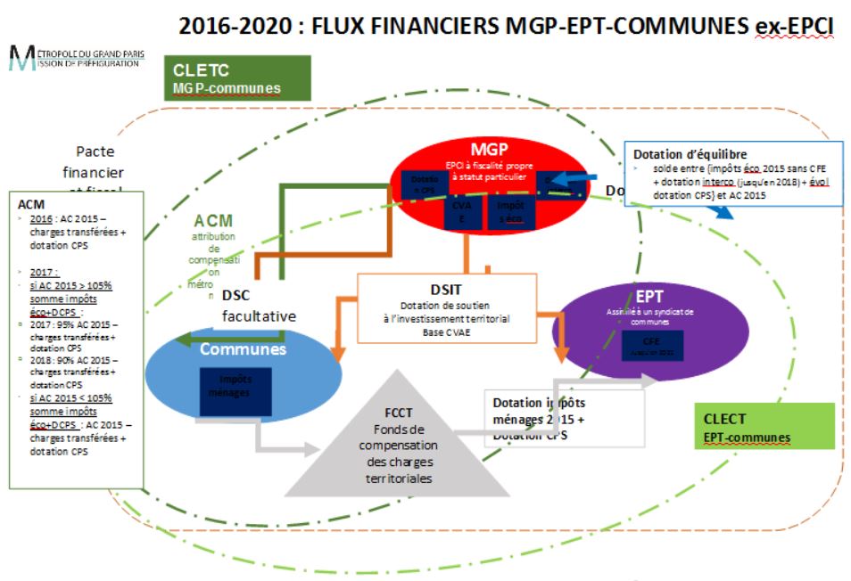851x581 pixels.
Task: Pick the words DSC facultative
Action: point(257,306)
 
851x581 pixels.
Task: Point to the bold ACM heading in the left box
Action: point(32,203)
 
